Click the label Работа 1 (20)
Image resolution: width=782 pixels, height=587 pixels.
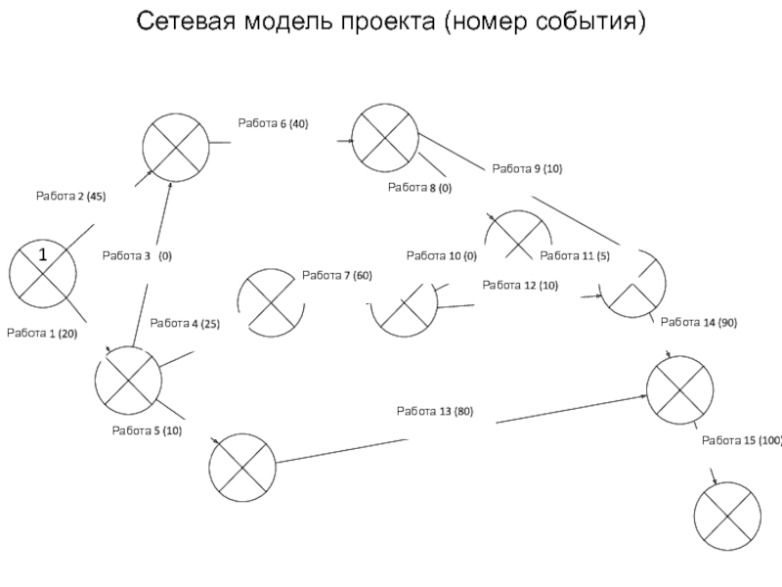42,334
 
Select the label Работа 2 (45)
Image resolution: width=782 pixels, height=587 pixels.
70,197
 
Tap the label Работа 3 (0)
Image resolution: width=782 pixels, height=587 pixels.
137,256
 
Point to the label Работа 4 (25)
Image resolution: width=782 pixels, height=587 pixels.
185,324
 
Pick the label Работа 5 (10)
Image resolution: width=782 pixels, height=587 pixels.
148,430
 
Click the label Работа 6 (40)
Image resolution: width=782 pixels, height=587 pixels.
274,123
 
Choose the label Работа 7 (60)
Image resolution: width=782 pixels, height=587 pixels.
337,276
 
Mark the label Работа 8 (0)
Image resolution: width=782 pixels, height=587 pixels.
420,188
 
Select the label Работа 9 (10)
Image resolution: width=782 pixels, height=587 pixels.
527,168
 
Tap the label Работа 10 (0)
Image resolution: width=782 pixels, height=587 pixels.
442,256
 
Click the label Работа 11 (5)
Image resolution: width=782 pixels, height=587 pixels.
575,256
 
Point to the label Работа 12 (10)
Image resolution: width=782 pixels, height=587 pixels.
520,286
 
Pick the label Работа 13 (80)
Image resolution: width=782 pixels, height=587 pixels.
435,411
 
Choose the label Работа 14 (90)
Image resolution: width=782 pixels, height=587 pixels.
699,323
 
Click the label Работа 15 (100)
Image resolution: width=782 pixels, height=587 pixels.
742,441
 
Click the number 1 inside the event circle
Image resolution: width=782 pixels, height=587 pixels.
43,255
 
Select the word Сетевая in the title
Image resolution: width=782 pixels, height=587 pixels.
186,22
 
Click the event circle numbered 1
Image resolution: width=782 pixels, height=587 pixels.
43,274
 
